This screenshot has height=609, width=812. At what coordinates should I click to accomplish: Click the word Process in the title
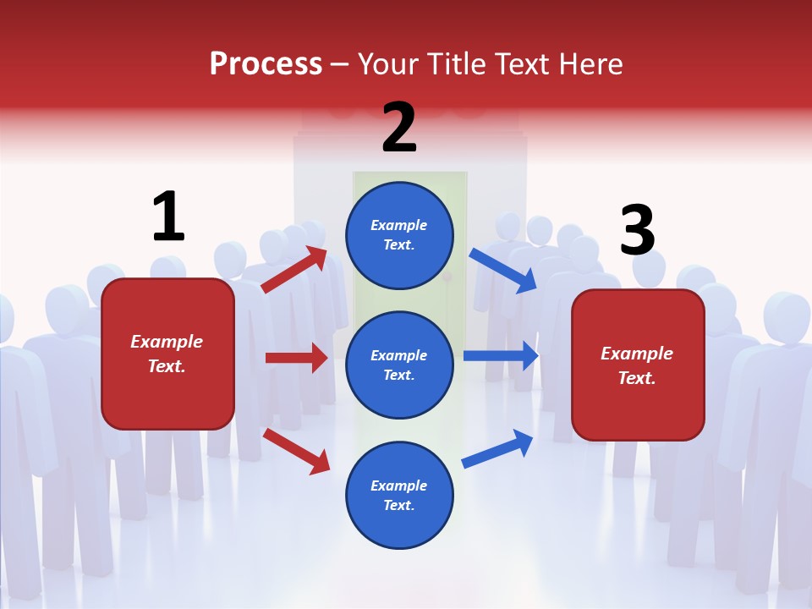(266, 64)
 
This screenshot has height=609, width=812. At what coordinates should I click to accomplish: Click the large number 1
(168, 217)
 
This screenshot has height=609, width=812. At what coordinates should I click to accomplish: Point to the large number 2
(399, 129)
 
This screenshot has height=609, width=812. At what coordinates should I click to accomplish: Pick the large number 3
(637, 230)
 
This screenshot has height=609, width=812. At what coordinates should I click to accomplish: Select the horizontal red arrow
(297, 358)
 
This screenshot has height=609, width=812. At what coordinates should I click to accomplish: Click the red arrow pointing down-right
(297, 451)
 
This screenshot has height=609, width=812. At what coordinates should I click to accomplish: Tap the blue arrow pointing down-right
(503, 271)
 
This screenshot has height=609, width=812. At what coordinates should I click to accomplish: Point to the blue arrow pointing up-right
(497, 448)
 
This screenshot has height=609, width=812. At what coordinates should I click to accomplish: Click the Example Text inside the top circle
(399, 235)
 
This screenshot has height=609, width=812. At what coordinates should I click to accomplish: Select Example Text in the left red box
(167, 354)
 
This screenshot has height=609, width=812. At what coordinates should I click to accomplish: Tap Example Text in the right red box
(637, 365)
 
